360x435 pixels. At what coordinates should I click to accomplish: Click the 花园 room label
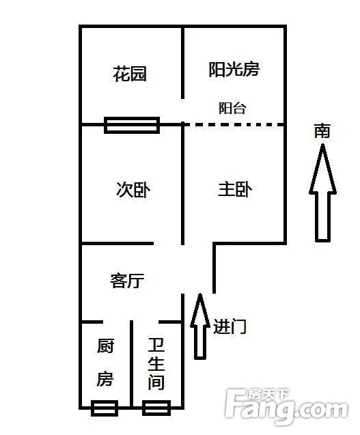[x=130, y=74]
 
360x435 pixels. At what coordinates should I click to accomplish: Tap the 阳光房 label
[x=234, y=70]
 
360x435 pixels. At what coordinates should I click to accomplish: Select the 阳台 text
[x=232, y=108]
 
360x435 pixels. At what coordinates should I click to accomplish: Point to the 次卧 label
[x=133, y=190]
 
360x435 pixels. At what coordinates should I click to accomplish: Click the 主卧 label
[x=235, y=189]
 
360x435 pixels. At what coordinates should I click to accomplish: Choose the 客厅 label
[x=127, y=281]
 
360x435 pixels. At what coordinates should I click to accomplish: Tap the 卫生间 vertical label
[x=156, y=364]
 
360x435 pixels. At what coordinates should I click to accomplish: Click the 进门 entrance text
[x=230, y=326]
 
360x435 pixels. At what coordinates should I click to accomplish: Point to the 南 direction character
[x=322, y=131]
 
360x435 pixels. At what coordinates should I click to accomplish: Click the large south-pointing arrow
[x=322, y=193]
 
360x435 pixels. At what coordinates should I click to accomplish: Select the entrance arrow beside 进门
[x=200, y=326]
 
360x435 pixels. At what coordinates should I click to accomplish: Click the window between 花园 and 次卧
[x=132, y=125]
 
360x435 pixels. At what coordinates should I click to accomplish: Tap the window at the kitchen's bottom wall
[x=105, y=408]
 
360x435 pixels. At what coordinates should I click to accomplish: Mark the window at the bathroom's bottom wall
[x=156, y=408]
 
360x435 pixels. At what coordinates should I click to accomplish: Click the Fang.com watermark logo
[x=286, y=408]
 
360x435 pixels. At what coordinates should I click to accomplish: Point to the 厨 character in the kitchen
[x=105, y=346]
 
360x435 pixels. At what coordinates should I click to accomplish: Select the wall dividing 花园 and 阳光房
[x=182, y=63]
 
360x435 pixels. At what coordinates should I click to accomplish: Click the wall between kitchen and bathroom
[x=132, y=364]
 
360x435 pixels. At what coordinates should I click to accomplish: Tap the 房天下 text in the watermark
[x=268, y=394]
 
